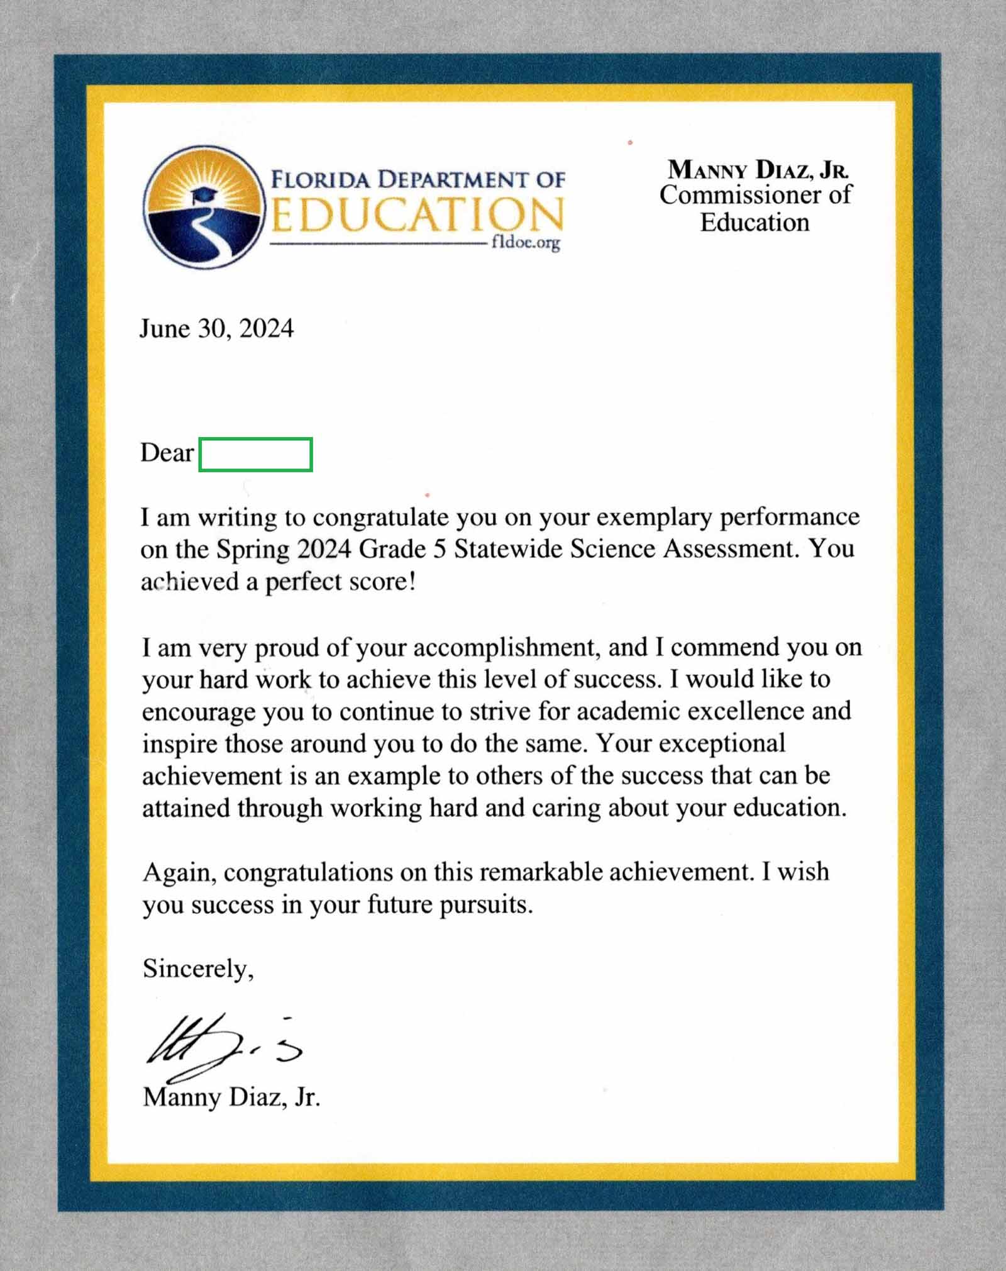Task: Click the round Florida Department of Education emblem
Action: tap(202, 208)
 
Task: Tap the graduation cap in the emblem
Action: tap(203, 194)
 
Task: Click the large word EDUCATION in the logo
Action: tap(417, 214)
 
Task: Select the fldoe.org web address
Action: tap(526, 243)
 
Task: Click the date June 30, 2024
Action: tap(216, 329)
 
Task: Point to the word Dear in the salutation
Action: tap(167, 453)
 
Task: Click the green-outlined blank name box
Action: tap(255, 455)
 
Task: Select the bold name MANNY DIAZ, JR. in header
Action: tap(758, 169)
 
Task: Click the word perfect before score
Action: tap(304, 582)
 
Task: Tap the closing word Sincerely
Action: tap(198, 969)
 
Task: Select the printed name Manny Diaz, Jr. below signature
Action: tap(231, 1097)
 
